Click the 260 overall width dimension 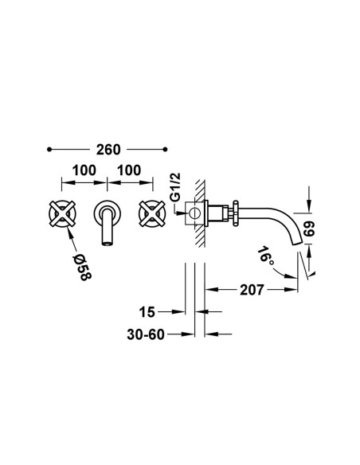108,150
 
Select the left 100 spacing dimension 84,170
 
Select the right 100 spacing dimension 129,170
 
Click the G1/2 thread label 175,187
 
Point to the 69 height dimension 309,229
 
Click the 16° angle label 266,255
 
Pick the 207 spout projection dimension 252,290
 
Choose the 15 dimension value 147,312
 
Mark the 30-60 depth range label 146,334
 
